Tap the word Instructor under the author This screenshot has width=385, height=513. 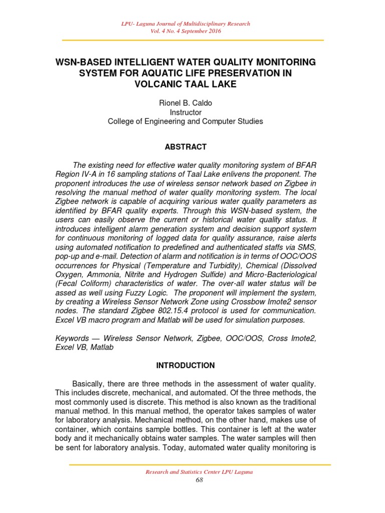[x=186, y=112]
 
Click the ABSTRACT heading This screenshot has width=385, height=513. [x=185, y=147]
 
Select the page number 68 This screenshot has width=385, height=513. [x=199, y=480]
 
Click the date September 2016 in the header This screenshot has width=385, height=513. [x=203, y=31]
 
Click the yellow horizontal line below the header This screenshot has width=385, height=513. [x=192, y=40]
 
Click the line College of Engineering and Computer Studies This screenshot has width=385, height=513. [x=186, y=121]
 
